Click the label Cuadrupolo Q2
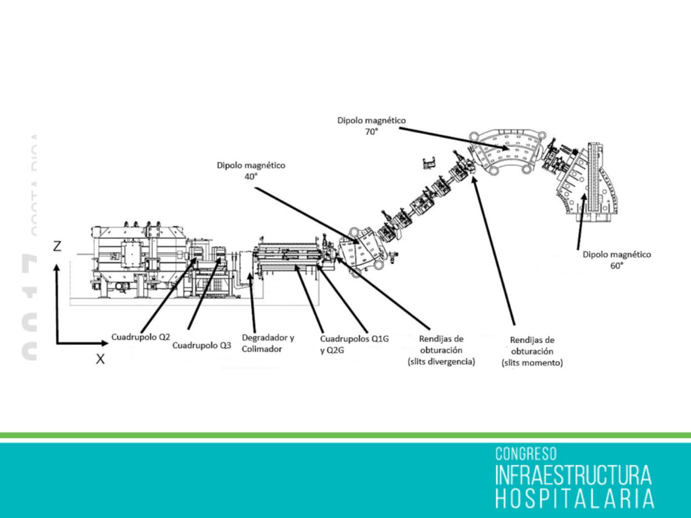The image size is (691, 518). pyautogui.click(x=140, y=338)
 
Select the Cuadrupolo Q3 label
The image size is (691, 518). pyautogui.click(x=201, y=345)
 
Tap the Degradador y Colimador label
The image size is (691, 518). pyautogui.click(x=268, y=343)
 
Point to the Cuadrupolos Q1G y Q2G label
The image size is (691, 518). pyautogui.click(x=354, y=344)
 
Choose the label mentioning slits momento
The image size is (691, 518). pyautogui.click(x=532, y=351)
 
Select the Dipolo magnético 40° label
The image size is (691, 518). pyautogui.click(x=251, y=170)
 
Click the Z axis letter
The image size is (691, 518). pyautogui.click(x=57, y=247)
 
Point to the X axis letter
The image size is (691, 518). pyautogui.click(x=100, y=360)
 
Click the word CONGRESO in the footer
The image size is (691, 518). pyautogui.click(x=525, y=454)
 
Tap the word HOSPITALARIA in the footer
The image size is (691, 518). pyautogui.click(x=574, y=498)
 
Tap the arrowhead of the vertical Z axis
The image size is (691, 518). pyautogui.click(x=57, y=269)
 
